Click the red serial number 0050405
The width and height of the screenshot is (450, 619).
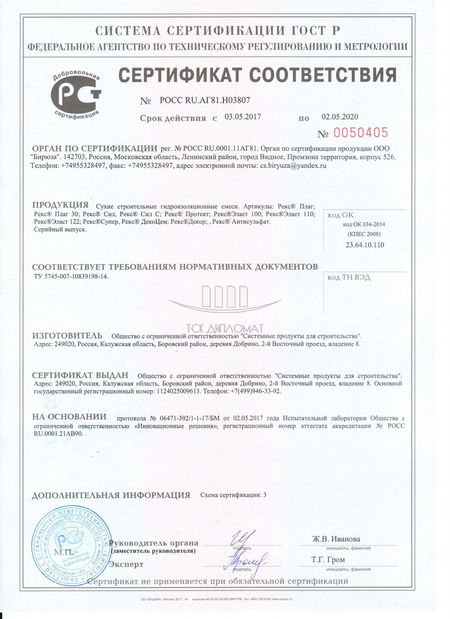(360, 133)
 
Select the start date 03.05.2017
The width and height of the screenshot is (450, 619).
(243, 117)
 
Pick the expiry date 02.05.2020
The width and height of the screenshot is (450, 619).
(340, 117)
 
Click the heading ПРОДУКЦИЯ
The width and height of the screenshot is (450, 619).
(60, 205)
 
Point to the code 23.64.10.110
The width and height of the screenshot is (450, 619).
(365, 245)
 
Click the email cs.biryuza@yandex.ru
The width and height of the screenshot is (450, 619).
(293, 165)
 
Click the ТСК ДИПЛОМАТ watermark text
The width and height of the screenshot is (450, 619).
(225, 328)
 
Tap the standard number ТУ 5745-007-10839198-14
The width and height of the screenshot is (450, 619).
(71, 276)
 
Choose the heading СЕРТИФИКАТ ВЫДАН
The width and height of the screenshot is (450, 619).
(80, 376)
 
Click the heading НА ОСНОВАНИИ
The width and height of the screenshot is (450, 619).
(69, 417)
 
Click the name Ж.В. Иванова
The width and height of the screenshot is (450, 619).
(336, 539)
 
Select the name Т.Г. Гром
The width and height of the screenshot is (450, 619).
(328, 560)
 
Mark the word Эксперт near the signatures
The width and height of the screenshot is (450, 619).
(126, 564)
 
